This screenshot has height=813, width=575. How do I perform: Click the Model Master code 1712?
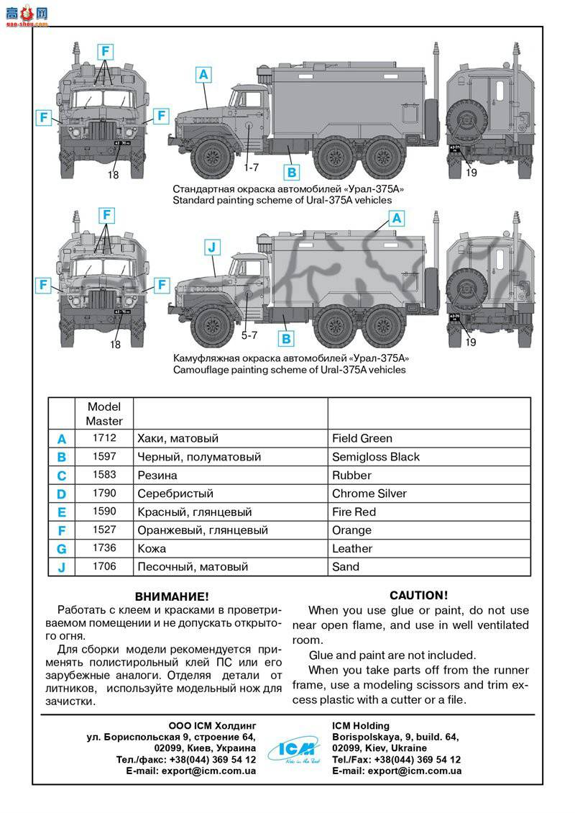(x=104, y=438)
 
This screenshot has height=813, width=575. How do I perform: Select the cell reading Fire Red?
(x=354, y=512)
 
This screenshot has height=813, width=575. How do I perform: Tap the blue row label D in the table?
(x=62, y=494)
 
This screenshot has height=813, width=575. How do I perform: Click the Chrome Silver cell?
(x=369, y=494)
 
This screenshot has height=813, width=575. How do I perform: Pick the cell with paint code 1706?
(x=104, y=567)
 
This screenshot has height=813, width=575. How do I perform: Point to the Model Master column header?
(x=104, y=414)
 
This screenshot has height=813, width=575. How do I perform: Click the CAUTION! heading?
(x=418, y=595)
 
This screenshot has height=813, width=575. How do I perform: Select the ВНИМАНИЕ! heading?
(x=172, y=596)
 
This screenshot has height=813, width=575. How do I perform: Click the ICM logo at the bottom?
(x=292, y=750)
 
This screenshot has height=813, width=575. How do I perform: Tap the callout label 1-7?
(x=251, y=167)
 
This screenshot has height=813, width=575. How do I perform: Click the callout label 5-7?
(x=249, y=335)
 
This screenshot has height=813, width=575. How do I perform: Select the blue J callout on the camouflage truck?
(x=211, y=247)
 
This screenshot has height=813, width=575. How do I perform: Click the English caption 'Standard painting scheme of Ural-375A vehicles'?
(x=282, y=200)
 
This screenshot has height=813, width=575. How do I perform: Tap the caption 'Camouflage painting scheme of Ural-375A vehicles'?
(x=289, y=370)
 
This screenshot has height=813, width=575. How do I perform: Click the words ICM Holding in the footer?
(x=361, y=725)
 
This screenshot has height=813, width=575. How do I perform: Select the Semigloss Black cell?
(x=375, y=457)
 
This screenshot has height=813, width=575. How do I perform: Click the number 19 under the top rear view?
(x=471, y=173)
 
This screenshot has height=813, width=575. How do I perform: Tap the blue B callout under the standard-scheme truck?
(x=292, y=172)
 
